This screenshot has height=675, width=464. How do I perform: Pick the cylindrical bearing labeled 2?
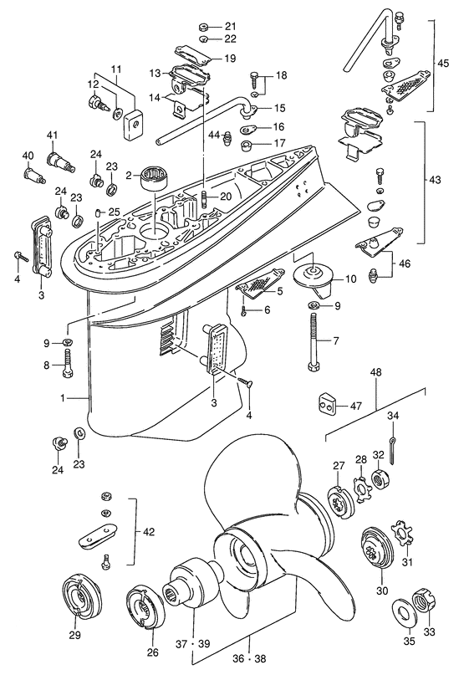pos(152,176)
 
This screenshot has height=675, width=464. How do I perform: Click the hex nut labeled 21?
pos(204,25)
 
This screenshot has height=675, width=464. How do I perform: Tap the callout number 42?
pos(148,531)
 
